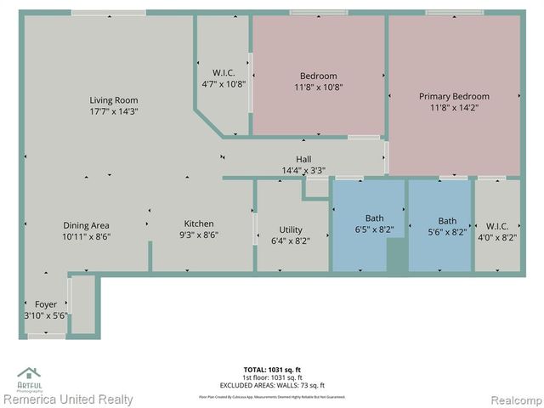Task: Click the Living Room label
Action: click(x=114, y=100)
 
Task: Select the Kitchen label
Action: click(x=199, y=224)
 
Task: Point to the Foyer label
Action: click(x=46, y=304)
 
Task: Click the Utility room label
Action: click(x=291, y=229)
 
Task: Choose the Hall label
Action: click(x=303, y=159)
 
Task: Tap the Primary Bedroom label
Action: click(x=454, y=96)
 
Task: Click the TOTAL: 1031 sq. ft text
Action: click(x=272, y=370)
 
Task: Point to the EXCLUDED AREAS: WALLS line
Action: click(x=272, y=384)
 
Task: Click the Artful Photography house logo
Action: click(x=29, y=375)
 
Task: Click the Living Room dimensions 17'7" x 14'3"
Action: click(x=114, y=111)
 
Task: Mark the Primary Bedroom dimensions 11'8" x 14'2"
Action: click(x=454, y=107)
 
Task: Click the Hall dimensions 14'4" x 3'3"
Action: click(x=303, y=170)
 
